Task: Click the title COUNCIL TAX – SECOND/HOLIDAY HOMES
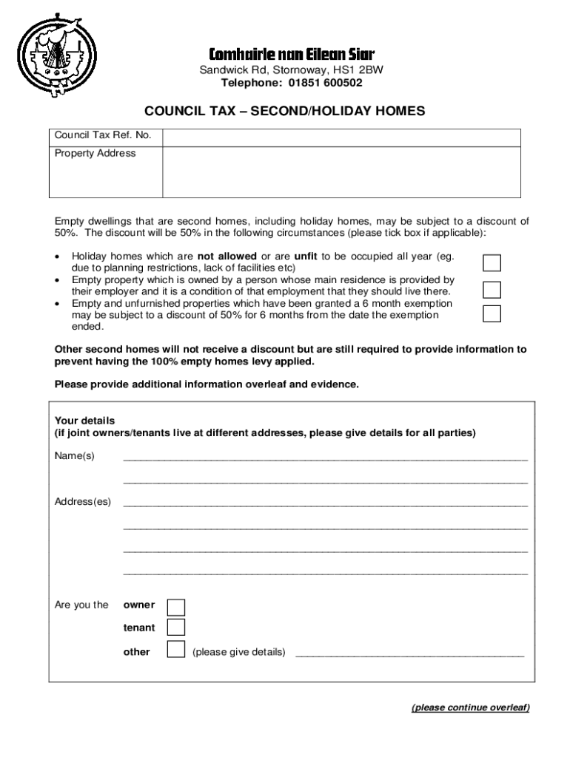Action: [x=284, y=111]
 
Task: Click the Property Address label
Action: [x=95, y=154]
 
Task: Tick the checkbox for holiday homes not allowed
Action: [x=492, y=263]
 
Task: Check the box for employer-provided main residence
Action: [x=492, y=289]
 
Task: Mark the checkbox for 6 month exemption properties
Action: [x=492, y=313]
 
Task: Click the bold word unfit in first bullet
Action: [x=306, y=257]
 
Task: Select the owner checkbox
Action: [x=176, y=607]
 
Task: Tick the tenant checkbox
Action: [x=176, y=628]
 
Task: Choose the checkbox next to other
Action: [x=176, y=651]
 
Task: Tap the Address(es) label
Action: [x=83, y=502]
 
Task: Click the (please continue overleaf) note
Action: [x=470, y=707]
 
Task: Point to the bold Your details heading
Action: [x=85, y=421]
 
